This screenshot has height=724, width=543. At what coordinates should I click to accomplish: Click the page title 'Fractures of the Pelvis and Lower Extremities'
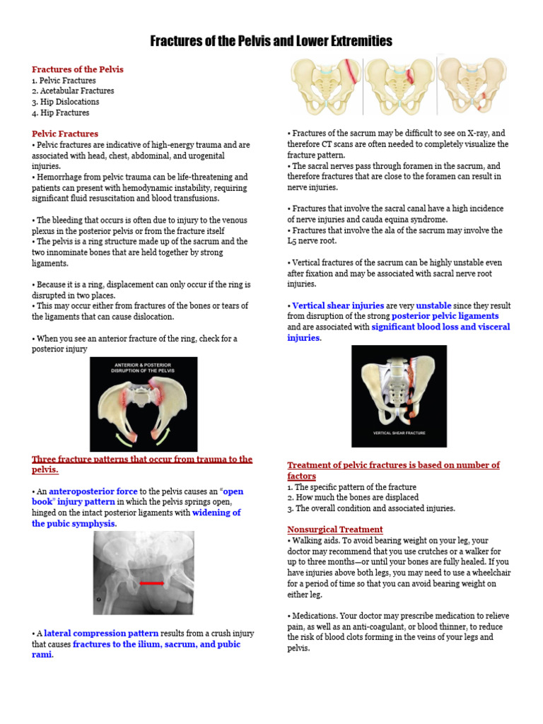(271, 42)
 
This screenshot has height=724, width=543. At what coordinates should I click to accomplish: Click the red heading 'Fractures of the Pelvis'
(78, 69)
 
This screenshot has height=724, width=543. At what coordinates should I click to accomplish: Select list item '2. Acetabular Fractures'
(73, 91)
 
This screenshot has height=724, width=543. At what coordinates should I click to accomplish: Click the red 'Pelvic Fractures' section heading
(65, 134)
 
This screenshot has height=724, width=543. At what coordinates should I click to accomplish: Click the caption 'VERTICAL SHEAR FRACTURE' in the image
(399, 433)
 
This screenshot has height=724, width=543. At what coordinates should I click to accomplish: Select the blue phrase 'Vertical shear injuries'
(327, 305)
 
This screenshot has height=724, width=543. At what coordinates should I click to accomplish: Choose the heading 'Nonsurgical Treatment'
(335, 530)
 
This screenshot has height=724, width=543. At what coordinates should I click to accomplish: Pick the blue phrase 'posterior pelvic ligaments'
(445, 316)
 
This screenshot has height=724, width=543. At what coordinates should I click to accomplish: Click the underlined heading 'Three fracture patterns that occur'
(141, 460)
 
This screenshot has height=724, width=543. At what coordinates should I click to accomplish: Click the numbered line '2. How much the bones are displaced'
(353, 498)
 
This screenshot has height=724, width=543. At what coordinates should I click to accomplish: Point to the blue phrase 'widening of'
(216, 513)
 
